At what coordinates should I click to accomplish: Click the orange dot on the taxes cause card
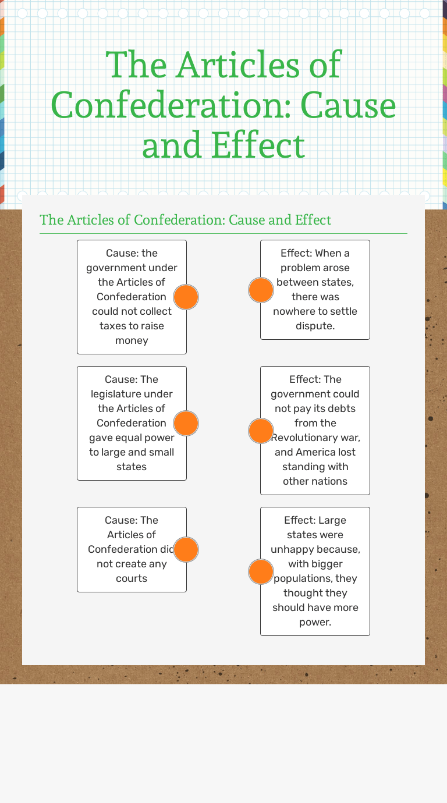click(x=186, y=297)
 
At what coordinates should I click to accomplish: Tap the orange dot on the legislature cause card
click(x=186, y=424)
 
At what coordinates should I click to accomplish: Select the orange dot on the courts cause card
click(x=186, y=549)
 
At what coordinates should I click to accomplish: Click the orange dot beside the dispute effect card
click(x=261, y=290)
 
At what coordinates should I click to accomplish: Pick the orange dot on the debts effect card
click(x=261, y=431)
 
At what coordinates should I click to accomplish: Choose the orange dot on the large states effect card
click(x=261, y=571)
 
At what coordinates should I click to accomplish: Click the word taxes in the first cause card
click(x=113, y=326)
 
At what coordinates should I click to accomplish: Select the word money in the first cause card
click(x=132, y=340)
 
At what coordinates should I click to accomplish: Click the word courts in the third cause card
click(x=132, y=578)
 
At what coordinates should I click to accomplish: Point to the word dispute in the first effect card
click(x=315, y=326)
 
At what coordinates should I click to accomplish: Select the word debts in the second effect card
click(x=339, y=408)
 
